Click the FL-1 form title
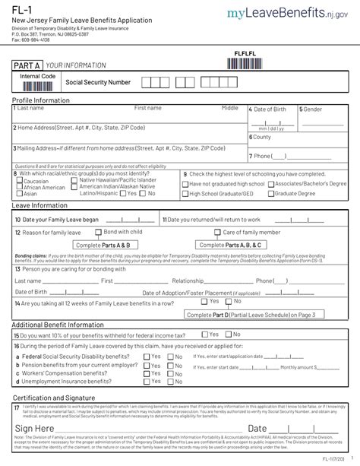21,9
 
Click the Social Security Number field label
98,82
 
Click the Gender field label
314,109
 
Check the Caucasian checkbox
20,181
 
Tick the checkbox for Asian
20,194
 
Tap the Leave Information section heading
40,205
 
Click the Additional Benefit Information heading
58,325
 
